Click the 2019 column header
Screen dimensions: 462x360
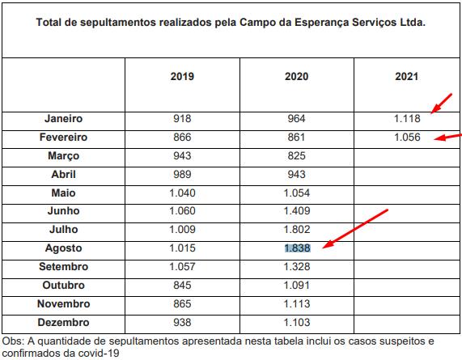pos(182,77)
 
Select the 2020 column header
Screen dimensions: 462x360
pos(296,77)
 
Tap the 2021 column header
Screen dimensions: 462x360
pos(407,77)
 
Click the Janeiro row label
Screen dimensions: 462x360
pos(63,118)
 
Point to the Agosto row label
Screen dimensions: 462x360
pos(63,248)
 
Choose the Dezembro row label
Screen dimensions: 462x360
pos(63,322)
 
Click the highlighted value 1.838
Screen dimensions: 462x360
pos(297,248)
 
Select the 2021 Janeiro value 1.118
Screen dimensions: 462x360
pos(407,118)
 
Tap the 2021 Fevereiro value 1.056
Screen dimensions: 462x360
pos(407,138)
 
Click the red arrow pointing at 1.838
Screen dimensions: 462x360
pos(355,229)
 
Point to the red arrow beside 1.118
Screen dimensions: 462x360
pos(441,104)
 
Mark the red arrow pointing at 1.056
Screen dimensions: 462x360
pos(448,137)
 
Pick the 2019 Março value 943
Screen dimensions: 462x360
pos(182,156)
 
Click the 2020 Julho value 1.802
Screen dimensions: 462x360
pos(297,230)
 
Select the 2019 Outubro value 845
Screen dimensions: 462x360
pos(182,286)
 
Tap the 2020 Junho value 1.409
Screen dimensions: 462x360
pos(297,211)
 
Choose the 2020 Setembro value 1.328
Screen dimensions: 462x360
pos(297,267)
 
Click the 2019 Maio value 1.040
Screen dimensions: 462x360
pos(182,193)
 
